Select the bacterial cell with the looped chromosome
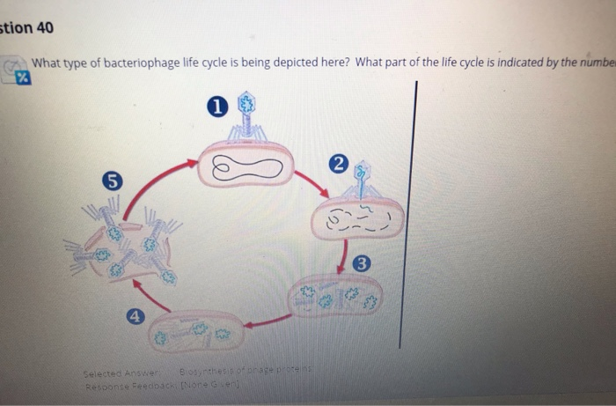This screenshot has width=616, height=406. tap(246, 166)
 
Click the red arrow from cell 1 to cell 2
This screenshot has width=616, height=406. tap(312, 185)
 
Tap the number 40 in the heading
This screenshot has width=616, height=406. tap(44, 28)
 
